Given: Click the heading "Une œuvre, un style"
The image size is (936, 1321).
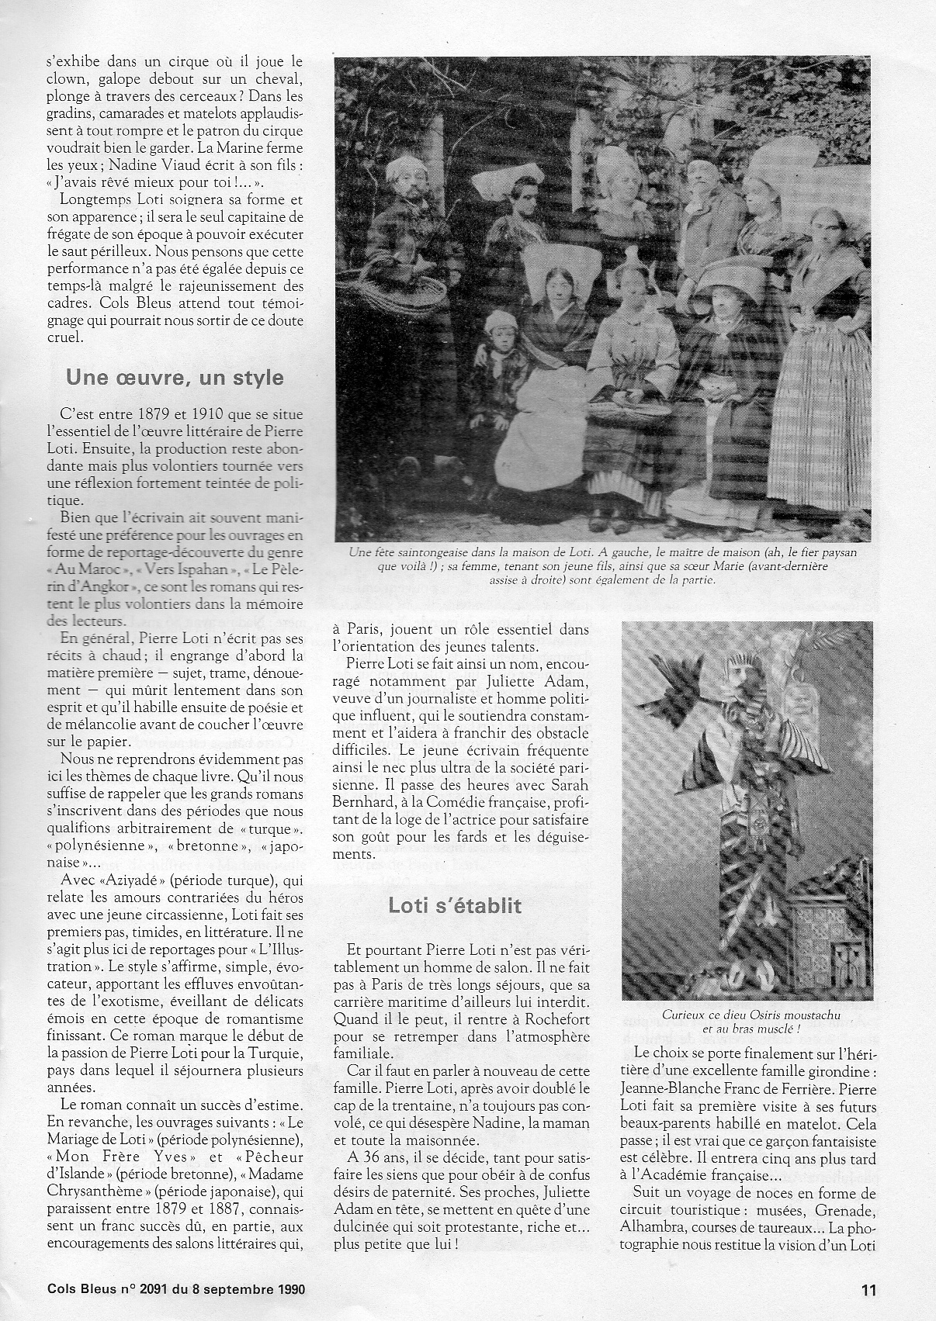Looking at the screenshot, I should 175,378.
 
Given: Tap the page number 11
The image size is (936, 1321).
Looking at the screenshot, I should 868,1290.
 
